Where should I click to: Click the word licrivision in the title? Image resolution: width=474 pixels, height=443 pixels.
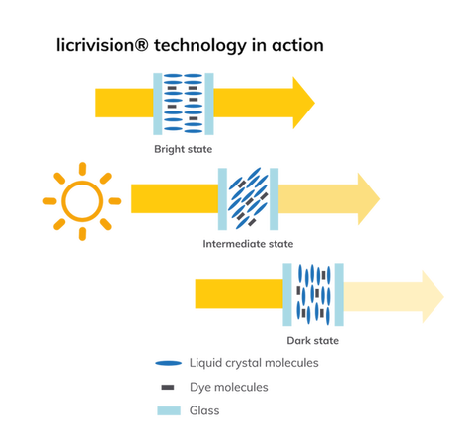point(95,45)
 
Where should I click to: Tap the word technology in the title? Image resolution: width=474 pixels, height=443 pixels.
point(200,46)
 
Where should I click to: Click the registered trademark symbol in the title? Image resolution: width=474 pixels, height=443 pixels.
point(142,44)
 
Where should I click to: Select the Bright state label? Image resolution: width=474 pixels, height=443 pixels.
point(184,149)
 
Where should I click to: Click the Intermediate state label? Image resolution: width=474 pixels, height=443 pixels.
point(248,244)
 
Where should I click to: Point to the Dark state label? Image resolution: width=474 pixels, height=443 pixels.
point(313,340)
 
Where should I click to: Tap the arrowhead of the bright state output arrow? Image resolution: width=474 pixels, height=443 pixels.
point(303,103)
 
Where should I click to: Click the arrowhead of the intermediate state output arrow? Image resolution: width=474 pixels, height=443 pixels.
point(369,199)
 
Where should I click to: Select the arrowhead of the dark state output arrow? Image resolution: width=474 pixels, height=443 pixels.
point(433,297)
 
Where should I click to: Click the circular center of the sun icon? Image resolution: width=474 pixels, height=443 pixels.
point(82,201)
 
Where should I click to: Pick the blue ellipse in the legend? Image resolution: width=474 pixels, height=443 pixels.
point(169,363)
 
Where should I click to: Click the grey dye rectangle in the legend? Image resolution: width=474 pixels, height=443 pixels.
point(168,388)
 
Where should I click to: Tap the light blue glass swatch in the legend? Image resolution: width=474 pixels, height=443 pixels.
point(169,410)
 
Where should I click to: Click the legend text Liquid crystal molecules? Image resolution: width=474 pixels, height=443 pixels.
point(254,363)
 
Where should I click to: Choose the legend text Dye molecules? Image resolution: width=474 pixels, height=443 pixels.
point(229,387)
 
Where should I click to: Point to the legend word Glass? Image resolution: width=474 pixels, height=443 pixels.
point(204,410)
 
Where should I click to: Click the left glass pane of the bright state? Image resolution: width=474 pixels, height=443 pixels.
point(158,104)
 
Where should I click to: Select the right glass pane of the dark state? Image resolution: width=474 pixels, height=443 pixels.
point(339,295)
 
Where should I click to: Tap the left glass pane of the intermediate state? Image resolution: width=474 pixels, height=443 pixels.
point(222,199)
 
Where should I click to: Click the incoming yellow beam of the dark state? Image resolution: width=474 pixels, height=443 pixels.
point(239,294)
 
